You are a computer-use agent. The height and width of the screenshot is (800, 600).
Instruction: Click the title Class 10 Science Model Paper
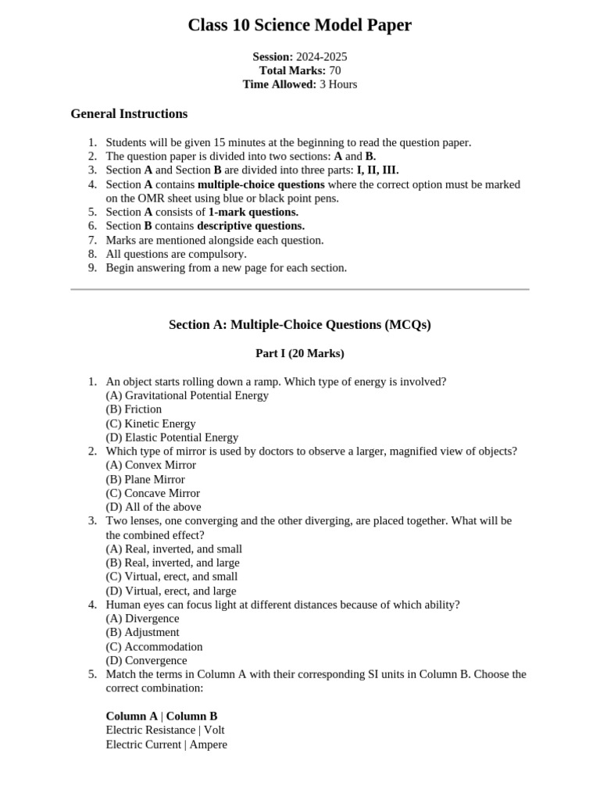pos(299,26)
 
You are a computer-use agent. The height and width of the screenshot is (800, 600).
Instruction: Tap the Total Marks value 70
pos(335,70)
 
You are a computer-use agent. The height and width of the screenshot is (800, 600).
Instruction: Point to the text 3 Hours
pos(338,84)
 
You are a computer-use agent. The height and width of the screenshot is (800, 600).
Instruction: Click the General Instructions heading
pos(129,114)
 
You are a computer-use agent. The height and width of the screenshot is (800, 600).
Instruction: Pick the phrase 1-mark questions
pos(253,212)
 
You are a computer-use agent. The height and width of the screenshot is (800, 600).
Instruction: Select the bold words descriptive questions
pos(251,226)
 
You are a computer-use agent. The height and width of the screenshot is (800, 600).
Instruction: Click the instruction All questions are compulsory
pos(176,254)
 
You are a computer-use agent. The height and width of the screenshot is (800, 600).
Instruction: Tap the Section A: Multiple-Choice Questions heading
pos(299,325)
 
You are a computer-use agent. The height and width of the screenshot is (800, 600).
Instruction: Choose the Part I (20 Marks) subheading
pos(299,354)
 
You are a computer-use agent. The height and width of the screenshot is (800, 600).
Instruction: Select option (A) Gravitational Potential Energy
pos(187,395)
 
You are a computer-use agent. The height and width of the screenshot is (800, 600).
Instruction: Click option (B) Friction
pos(134,409)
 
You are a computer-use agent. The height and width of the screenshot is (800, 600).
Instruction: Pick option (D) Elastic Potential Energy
pos(172,437)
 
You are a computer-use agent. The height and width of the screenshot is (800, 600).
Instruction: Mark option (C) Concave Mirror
pos(152,493)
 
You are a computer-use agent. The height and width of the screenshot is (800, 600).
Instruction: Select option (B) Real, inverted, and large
pos(173,562)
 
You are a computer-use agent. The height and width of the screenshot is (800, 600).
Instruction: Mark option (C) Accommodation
pos(154,647)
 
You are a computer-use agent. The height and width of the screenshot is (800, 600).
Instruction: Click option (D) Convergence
pos(146,660)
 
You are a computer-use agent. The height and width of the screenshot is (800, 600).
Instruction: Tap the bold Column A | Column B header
pos(162,716)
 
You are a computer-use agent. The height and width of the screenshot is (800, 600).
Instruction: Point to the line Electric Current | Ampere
pos(166,745)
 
